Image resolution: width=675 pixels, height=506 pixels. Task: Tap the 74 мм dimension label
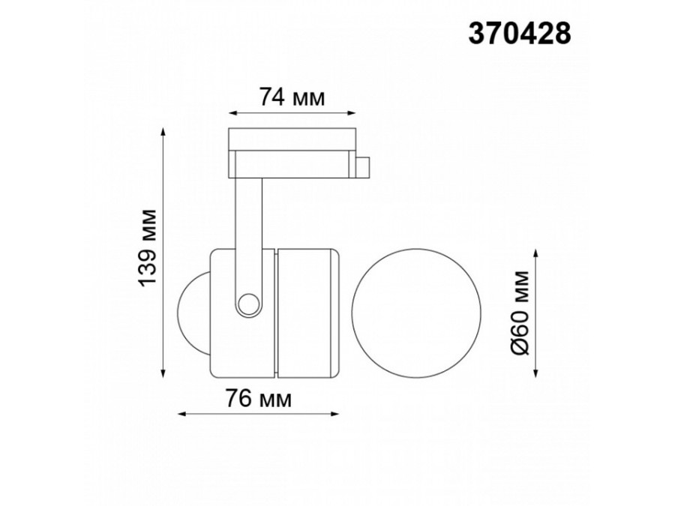coord(291,97)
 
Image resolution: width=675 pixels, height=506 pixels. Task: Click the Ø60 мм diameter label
coord(523,314)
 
